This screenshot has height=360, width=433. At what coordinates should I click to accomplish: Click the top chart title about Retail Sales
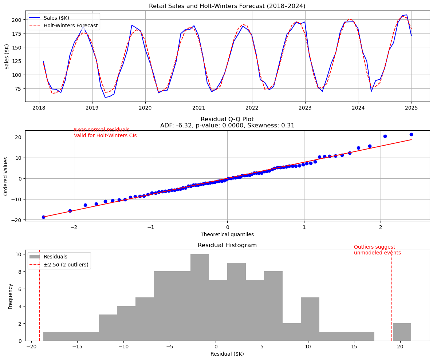coord(227,6)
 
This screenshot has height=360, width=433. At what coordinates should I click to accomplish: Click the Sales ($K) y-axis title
coord(7,56)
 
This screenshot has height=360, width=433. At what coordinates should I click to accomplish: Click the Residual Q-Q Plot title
coord(227,119)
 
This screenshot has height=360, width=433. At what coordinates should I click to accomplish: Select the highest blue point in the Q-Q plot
coord(411,135)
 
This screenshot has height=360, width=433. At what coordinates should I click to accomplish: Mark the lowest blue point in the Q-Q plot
coord(43,217)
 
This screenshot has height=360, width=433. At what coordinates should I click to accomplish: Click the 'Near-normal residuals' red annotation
coord(102,130)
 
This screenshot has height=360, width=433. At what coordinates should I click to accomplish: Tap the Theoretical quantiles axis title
coord(227,234)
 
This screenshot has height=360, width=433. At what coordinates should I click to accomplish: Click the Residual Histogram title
coord(227,245)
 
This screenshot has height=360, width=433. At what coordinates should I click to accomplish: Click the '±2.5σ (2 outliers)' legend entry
coord(66,265)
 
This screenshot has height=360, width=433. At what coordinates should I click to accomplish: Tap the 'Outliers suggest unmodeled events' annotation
coord(377,250)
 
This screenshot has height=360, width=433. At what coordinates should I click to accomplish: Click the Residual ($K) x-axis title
coord(227,354)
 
